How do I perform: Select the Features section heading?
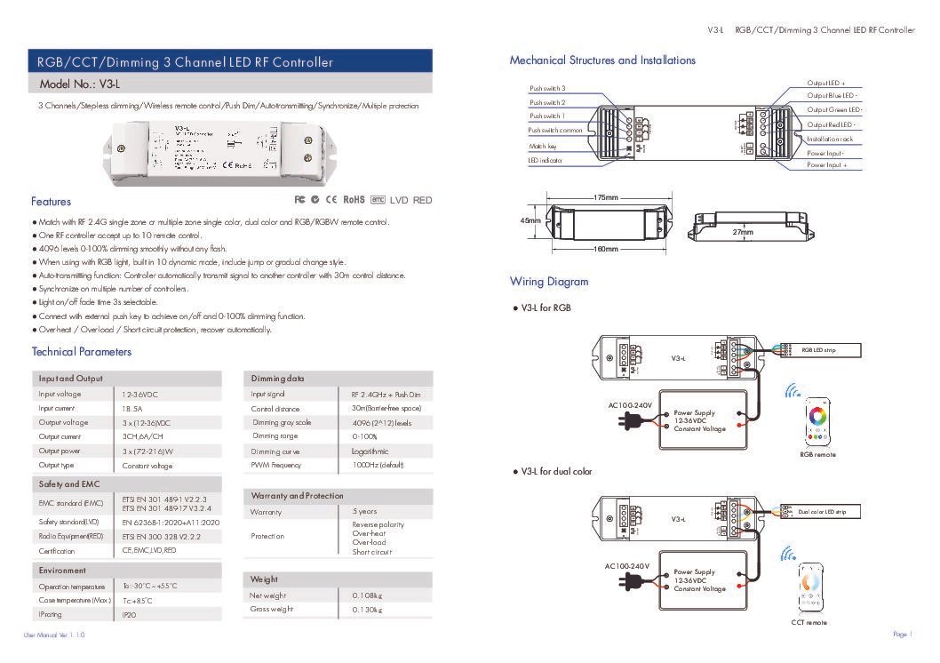[x=51, y=202]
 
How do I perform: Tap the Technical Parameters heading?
[x=81, y=352]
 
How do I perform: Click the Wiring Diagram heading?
[x=548, y=282]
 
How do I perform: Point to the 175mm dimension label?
[x=605, y=197]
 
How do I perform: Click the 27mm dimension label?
[x=743, y=232]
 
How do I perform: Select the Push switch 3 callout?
[x=547, y=89]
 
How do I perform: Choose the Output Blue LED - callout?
[x=832, y=95]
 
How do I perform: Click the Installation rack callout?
[x=830, y=140]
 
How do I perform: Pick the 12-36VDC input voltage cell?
[x=139, y=394]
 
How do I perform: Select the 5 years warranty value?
[x=363, y=512]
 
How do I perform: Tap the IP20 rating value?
[x=130, y=614]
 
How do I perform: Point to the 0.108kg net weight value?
[x=367, y=595]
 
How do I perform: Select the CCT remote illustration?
[x=809, y=586]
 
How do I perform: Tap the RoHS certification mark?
[x=354, y=200]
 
